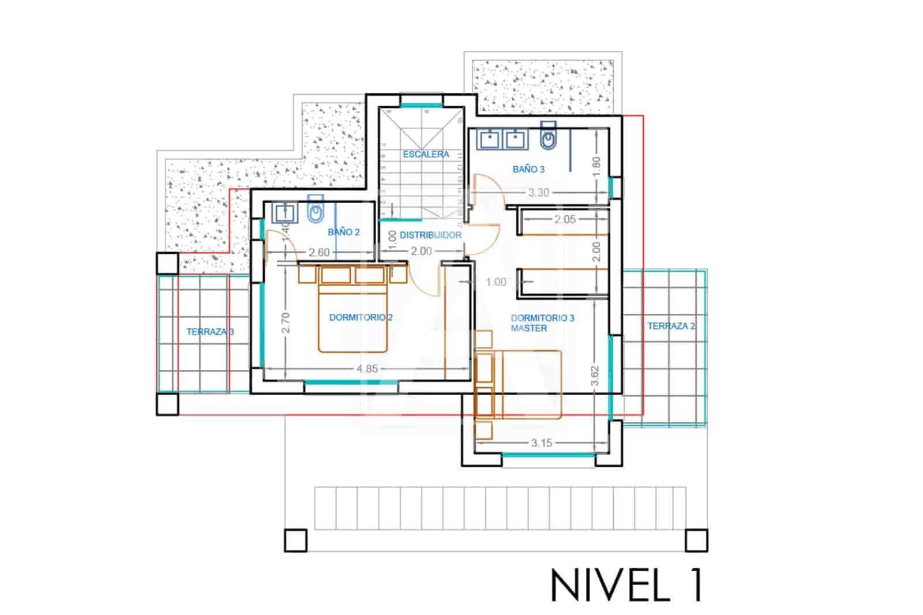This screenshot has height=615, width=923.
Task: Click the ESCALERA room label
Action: (426, 154)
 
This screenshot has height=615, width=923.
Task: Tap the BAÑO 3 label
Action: (528, 169)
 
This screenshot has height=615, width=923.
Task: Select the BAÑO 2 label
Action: (343, 232)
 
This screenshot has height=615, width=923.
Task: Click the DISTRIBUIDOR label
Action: (430, 235)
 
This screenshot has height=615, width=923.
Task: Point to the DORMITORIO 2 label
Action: (361, 317)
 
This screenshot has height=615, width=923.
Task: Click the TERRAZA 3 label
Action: (210, 332)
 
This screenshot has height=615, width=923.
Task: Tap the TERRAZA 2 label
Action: (671, 326)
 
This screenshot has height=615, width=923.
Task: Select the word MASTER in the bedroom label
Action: (529, 328)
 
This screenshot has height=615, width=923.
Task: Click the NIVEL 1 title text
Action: (627, 585)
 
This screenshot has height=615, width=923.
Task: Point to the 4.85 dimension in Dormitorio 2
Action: (367, 369)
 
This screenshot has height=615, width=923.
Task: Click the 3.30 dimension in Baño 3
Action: (538, 193)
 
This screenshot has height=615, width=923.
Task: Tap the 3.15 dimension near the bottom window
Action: (541, 443)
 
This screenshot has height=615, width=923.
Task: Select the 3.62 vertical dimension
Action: (595, 376)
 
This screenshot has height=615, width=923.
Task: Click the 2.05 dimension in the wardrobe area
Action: (565, 219)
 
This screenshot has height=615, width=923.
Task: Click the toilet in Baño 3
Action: (549, 136)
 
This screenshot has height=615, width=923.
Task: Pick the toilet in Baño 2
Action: (315, 212)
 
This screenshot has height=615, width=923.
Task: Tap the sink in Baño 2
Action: (283, 213)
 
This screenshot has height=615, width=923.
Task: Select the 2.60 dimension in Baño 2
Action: (319, 253)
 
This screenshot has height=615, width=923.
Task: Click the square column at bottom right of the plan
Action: (696, 541)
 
